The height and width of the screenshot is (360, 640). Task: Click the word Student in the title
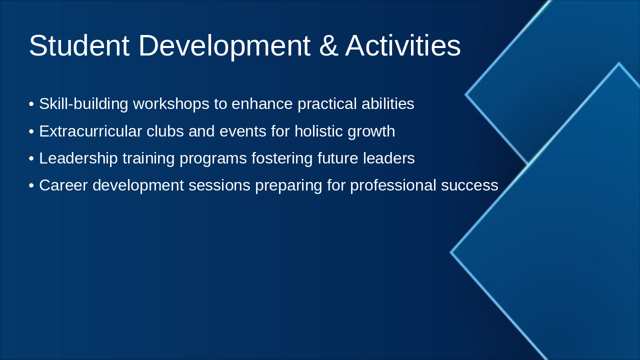[x=79, y=46]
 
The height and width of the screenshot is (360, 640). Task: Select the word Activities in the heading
[x=402, y=46]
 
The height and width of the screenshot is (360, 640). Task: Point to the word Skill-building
[x=83, y=104]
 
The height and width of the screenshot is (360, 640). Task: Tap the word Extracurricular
[x=90, y=131]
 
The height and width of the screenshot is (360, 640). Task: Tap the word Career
[x=63, y=185]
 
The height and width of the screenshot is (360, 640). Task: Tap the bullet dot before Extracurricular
[x=31, y=132]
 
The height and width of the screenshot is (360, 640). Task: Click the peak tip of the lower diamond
[x=619, y=64]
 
